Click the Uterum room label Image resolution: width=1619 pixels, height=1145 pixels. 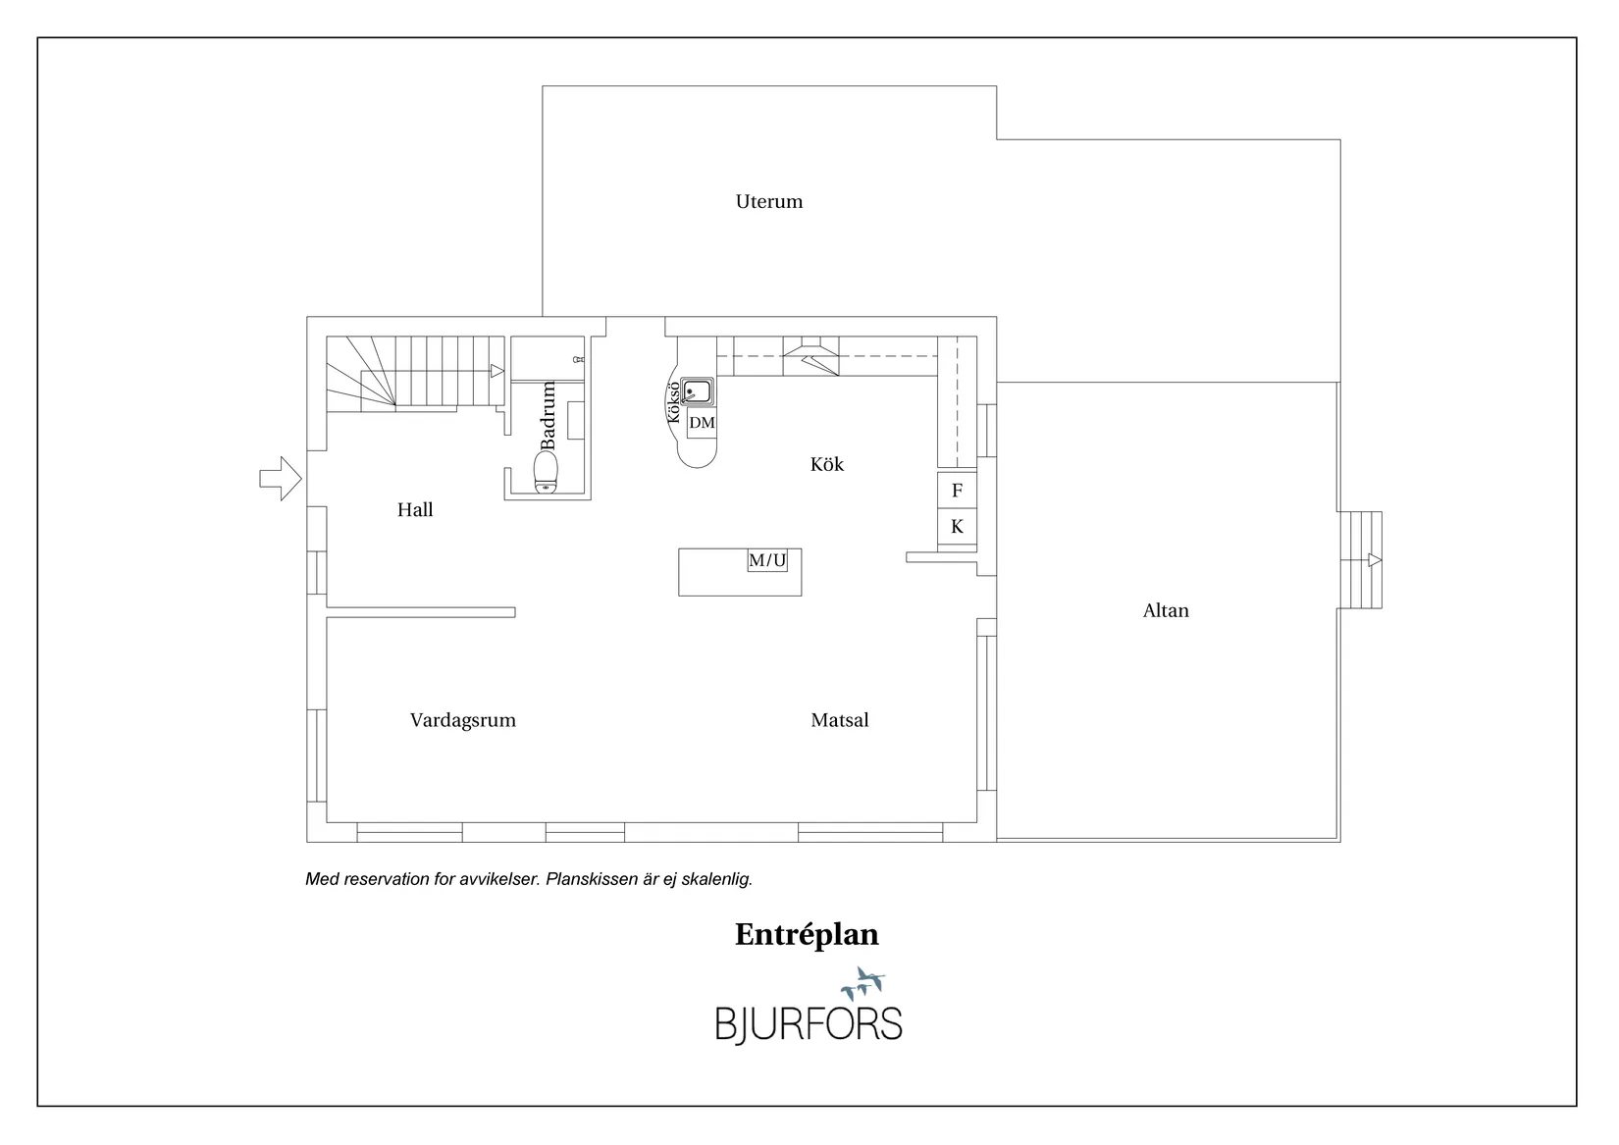769,202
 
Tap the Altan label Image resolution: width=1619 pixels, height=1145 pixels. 1165,611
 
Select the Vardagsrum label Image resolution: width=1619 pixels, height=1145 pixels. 462,721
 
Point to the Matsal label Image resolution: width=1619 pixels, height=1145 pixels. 839,720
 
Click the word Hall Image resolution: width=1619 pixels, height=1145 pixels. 415,509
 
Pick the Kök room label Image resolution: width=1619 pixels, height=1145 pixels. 827,464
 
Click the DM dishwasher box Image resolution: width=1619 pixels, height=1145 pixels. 702,423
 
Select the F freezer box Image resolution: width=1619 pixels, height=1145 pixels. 957,491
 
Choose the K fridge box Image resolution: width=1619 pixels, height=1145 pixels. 957,526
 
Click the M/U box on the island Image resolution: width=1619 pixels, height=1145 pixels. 767,560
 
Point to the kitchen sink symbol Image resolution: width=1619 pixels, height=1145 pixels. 697,391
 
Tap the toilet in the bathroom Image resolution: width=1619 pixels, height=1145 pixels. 546,472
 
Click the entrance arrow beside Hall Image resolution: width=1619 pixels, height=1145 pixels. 281,479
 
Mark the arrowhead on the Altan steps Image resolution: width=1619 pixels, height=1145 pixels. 1376,560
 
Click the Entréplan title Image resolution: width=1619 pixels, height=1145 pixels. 807,935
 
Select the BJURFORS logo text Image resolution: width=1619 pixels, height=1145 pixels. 809,1024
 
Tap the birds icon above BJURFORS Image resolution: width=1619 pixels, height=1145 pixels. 863,983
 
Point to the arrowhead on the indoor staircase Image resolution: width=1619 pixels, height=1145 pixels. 497,371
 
